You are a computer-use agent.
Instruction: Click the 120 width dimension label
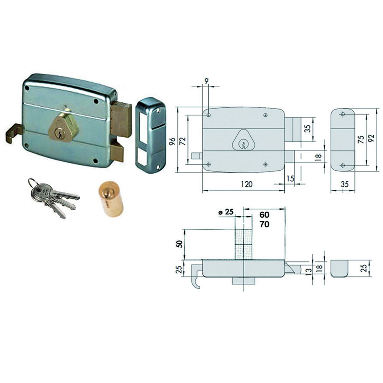tap(247, 184)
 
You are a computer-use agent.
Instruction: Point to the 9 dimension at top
tap(207, 81)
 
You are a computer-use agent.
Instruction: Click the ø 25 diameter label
tap(226, 212)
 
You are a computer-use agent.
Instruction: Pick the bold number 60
tap(265, 215)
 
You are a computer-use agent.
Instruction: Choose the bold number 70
tap(265, 224)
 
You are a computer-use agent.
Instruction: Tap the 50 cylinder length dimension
tap(179, 244)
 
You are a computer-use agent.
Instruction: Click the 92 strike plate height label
tap(371, 138)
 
